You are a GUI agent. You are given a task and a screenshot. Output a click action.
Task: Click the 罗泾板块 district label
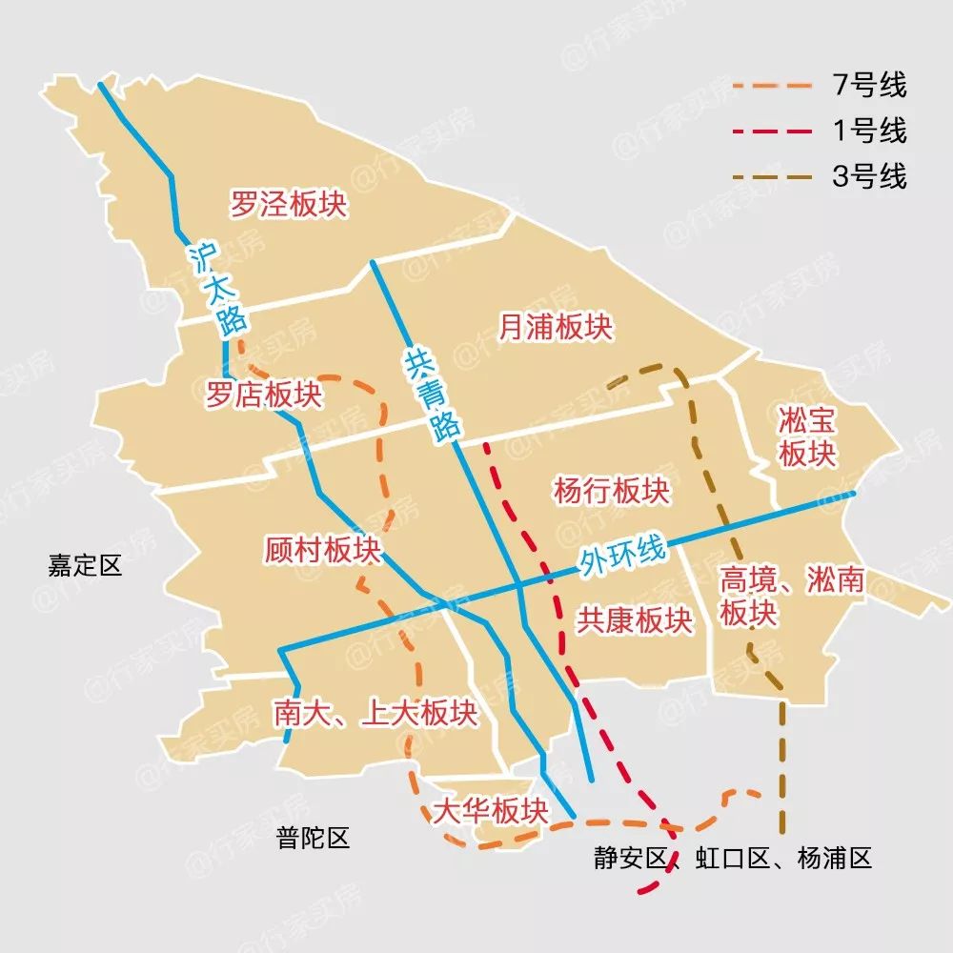coord(289,204)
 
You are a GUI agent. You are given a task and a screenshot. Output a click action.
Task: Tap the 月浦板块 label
coord(556,328)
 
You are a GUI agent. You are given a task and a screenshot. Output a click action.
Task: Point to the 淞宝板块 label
coord(807,436)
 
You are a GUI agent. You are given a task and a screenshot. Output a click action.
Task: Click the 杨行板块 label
coord(612,492)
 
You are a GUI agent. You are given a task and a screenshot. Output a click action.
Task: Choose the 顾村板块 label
coord(323,551)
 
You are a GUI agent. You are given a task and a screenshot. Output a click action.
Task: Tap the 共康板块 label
coord(634,620)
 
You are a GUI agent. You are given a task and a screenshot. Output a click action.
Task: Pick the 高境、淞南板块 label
coord(790,597)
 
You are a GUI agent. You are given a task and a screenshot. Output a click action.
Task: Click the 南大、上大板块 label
coord(375,713)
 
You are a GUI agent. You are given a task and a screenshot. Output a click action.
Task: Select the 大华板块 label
coord(491,812)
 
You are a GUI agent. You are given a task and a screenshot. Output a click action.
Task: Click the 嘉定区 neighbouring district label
coord(86,565)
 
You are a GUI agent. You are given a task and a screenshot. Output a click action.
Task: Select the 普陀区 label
coord(314,839)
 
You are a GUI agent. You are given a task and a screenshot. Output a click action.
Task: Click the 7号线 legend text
coord(868,86)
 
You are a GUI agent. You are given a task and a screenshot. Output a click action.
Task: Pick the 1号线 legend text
coord(868,131)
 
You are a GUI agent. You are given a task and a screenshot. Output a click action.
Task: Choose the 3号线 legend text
coord(868,176)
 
